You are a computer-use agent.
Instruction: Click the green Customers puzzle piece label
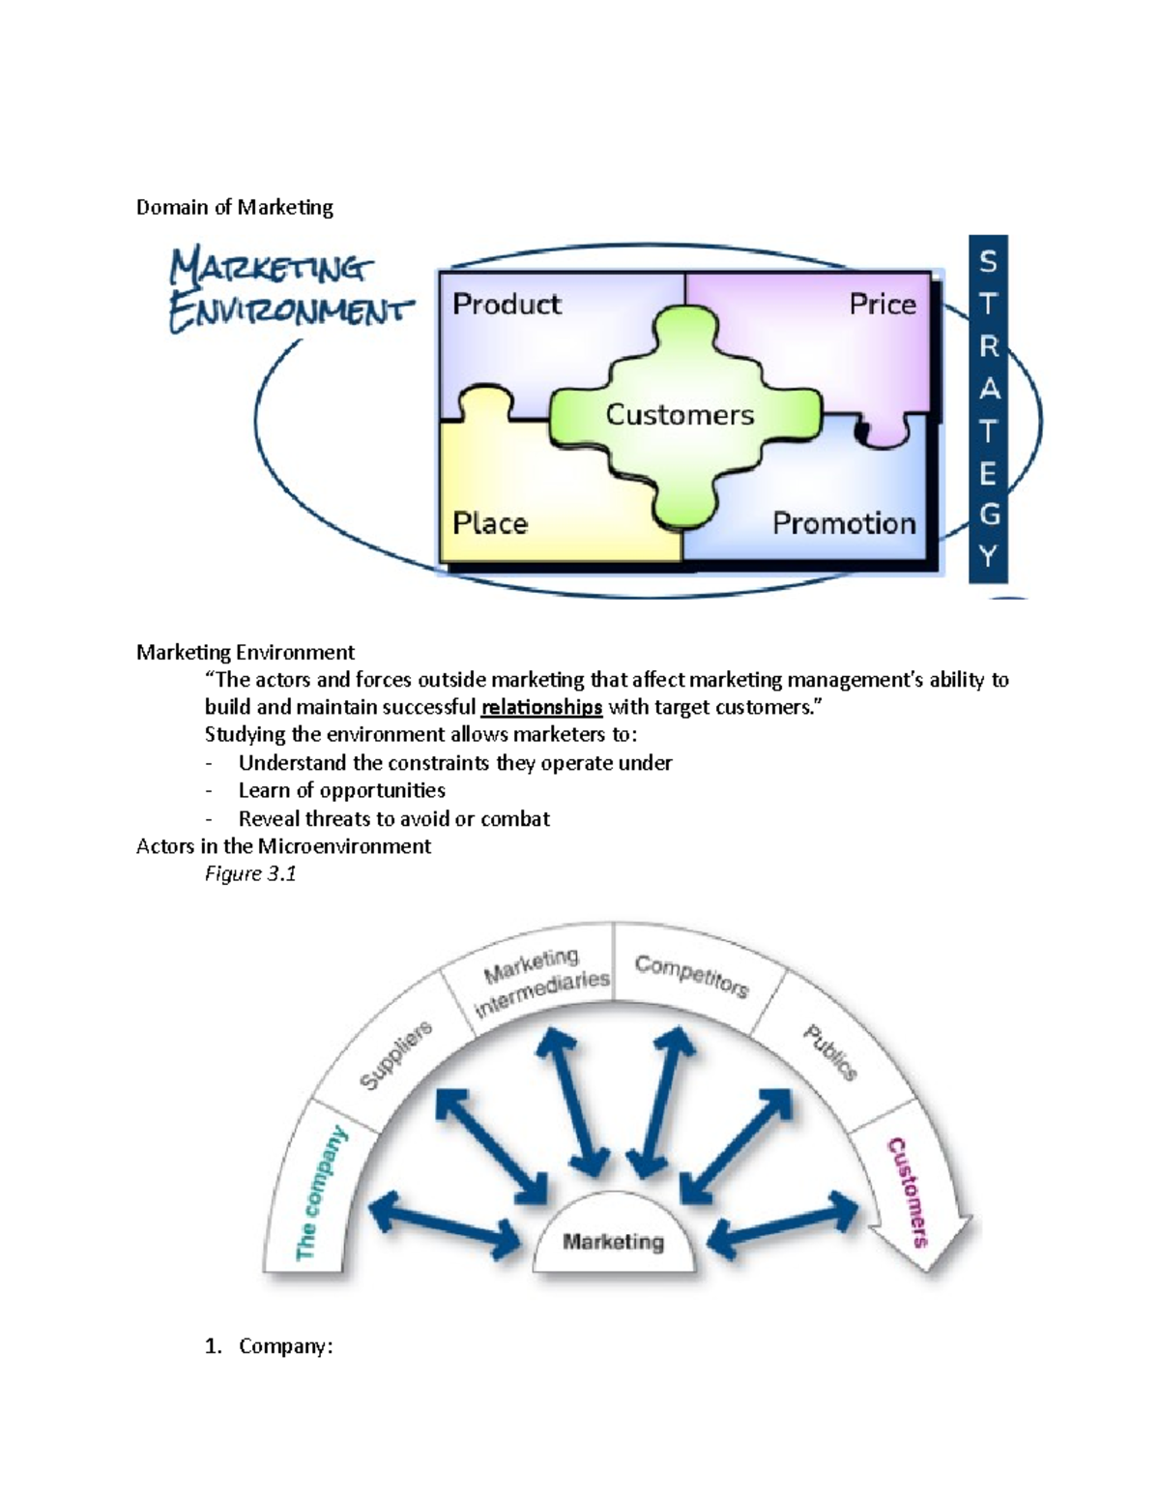click(680, 415)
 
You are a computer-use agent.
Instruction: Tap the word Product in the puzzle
click(507, 305)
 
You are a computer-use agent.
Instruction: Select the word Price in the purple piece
click(882, 305)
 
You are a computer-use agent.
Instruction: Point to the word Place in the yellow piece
click(490, 524)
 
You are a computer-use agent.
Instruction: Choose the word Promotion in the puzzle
click(844, 524)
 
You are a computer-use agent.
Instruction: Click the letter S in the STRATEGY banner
click(988, 262)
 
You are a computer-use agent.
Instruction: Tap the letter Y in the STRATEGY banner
click(988, 557)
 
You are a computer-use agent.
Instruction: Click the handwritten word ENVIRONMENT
click(290, 312)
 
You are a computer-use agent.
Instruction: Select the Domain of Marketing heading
click(235, 207)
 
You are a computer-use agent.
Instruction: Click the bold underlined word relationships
click(541, 707)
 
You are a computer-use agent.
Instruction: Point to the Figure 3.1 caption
click(250, 874)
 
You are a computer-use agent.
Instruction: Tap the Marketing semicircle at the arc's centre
click(614, 1242)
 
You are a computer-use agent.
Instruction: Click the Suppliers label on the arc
click(395, 1056)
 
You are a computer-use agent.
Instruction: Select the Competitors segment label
click(691, 976)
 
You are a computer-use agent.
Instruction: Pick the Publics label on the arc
click(830, 1052)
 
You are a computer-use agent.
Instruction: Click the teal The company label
click(321, 1193)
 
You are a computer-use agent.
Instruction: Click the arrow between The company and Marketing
click(446, 1222)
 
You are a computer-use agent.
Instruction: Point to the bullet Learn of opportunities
click(341, 791)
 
